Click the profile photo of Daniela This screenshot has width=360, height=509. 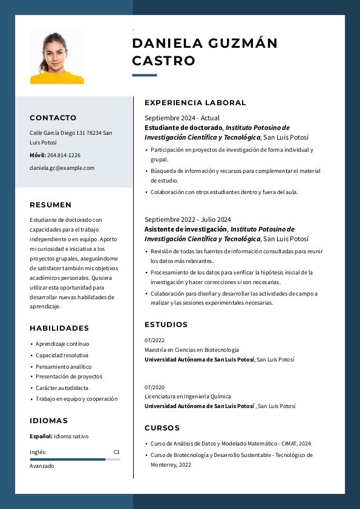coord(57,57)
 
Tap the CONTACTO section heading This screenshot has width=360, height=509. coord(53,118)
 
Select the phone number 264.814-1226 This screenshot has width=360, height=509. coord(64,155)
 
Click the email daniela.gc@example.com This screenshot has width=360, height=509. coord(62,168)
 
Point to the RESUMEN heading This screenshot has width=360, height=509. coord(50,205)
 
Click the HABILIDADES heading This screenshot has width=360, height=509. coord(59,328)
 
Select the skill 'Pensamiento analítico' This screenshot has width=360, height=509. coord(64,366)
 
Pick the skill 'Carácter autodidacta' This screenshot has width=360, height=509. coord(62,387)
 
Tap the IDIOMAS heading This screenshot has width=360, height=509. coord(48,421)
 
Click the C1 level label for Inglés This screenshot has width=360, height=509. coord(117,452)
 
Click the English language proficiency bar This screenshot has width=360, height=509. coord(74,459)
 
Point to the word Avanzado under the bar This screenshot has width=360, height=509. coord(42,466)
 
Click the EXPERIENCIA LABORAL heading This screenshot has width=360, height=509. coord(195,103)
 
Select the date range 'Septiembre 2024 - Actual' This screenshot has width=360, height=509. coord(182,118)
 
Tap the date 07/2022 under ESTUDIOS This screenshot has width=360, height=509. coord(154,340)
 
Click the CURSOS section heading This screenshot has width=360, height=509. coord(162,428)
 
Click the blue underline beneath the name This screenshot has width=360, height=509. coord(145,76)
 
